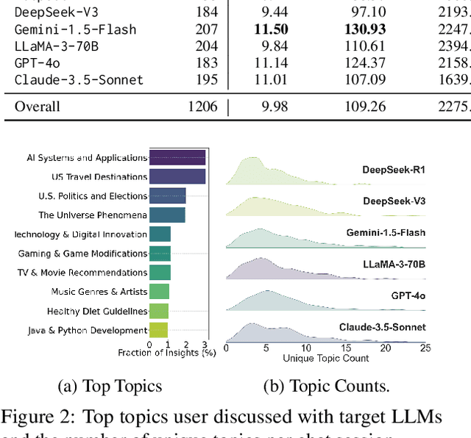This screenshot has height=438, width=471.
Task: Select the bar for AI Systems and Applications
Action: [x=177, y=157]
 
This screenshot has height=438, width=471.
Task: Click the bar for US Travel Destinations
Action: [x=177, y=176]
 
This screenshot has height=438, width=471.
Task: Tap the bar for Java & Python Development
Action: [x=158, y=331]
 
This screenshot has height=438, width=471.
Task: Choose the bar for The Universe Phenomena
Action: [x=167, y=215]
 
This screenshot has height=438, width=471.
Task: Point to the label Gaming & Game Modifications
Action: [x=83, y=254]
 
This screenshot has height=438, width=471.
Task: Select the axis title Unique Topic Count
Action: [x=326, y=358]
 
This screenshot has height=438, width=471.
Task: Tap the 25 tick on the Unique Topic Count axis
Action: [x=425, y=348]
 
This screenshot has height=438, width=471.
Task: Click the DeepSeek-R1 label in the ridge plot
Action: [x=394, y=170]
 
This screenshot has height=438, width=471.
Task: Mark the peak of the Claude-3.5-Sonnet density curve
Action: [x=252, y=323]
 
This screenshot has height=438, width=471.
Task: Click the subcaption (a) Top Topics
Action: [x=110, y=387]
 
